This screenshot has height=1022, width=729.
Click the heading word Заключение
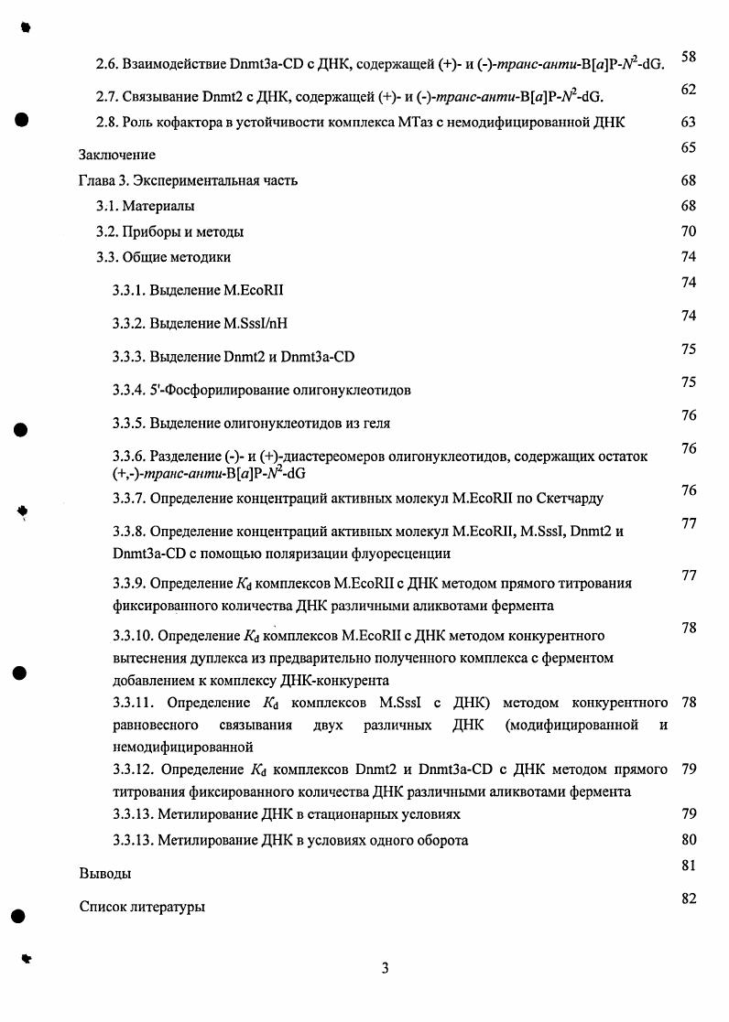[x=117, y=155]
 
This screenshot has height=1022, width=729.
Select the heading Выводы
[x=104, y=874]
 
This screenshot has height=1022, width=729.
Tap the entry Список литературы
[x=142, y=908]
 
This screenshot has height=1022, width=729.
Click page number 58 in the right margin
[x=689, y=58]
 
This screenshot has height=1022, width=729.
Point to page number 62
[x=689, y=89]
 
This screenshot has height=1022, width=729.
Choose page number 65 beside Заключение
[x=689, y=147]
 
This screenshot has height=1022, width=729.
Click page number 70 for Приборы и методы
[x=689, y=231]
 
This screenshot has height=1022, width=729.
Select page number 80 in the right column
[x=689, y=839]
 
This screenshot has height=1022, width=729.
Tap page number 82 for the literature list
[x=689, y=898]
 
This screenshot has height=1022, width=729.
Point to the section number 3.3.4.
[x=128, y=391]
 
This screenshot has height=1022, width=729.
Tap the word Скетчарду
[x=571, y=499]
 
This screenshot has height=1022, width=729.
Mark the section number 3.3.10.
[x=132, y=635]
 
